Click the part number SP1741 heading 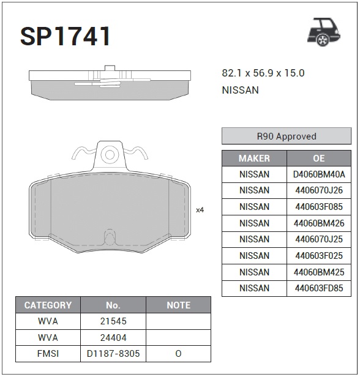point(65,36)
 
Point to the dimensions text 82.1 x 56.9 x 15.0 point(263,73)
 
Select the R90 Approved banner point(287,136)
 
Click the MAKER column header point(254,159)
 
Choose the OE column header point(319,159)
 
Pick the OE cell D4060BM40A point(319,174)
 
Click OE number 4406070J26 point(319,190)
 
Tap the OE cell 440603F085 point(319,207)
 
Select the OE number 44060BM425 point(319,272)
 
